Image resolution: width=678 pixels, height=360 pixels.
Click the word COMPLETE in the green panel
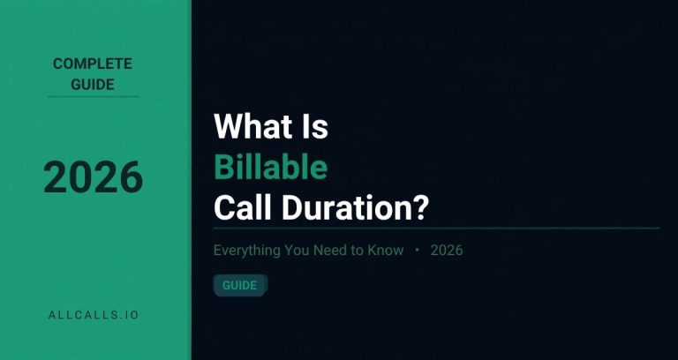point(93,64)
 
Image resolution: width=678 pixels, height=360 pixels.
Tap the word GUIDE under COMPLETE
point(93,85)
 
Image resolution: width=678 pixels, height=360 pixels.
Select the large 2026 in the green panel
point(94,178)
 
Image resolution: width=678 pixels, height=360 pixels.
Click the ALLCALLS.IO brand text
point(93,313)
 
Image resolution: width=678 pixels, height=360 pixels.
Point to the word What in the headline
point(249,127)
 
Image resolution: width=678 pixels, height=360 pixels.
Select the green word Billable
point(270,168)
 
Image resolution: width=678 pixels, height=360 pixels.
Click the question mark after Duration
point(421,208)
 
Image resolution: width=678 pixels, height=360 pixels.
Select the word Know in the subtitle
point(386,251)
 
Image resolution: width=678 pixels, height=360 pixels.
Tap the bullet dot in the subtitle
point(417,251)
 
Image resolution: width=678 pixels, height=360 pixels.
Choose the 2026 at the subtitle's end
point(447,251)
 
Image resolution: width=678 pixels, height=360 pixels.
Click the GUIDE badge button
point(239,285)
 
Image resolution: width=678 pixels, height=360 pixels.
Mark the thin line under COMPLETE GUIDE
point(93,97)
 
